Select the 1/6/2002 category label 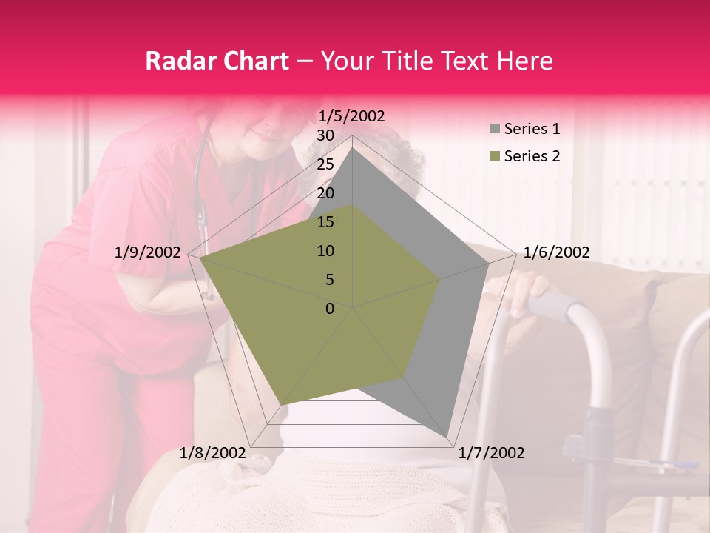(x=556, y=252)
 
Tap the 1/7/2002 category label (x=491, y=453)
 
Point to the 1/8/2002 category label (x=212, y=453)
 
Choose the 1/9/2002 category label (x=148, y=252)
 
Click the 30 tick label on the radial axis (x=325, y=135)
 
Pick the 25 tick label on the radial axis (x=325, y=164)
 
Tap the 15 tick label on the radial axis (x=325, y=222)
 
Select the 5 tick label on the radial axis (x=330, y=280)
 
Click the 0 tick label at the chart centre (x=330, y=309)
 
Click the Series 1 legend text (x=532, y=129)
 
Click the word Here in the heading (x=525, y=61)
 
